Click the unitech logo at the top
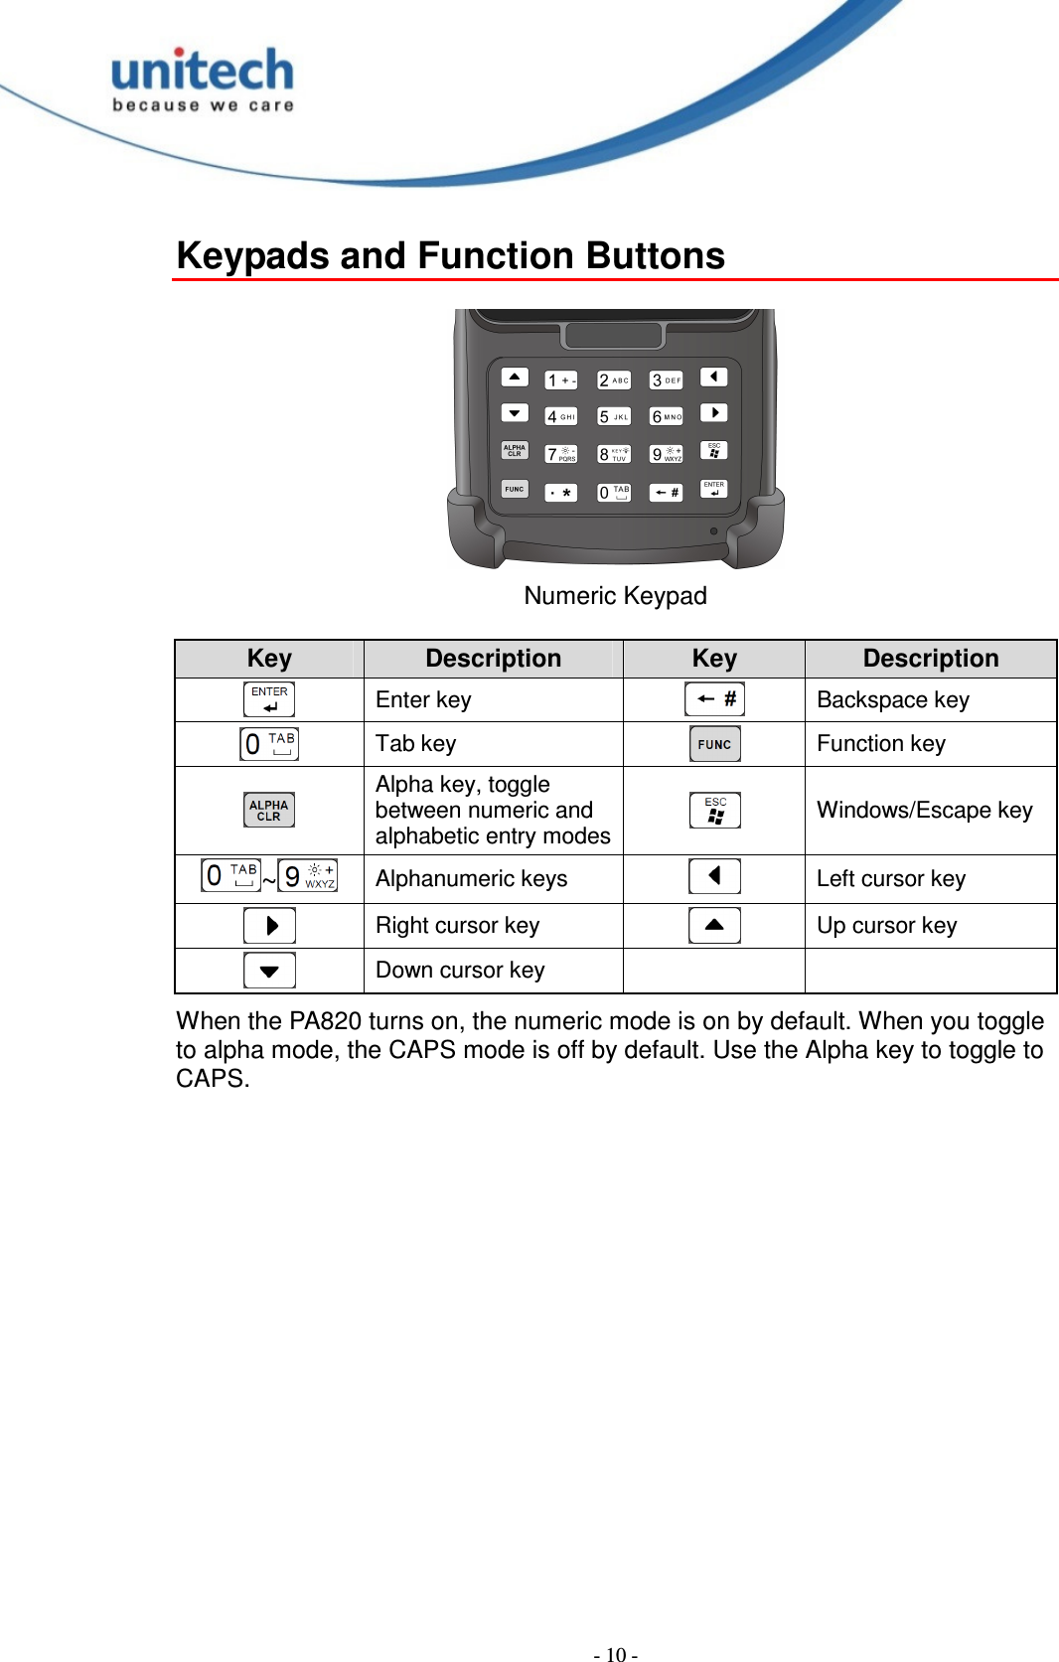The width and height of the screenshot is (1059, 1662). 203,79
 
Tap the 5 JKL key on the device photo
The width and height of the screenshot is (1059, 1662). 614,416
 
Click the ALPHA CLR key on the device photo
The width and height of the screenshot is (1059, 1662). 515,450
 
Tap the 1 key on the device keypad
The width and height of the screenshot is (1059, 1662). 561,380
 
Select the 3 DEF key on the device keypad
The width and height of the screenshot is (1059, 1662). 667,380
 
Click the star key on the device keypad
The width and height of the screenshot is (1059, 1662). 561,493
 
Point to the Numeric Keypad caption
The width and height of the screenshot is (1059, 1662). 615,596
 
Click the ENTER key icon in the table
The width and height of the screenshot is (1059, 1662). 269,699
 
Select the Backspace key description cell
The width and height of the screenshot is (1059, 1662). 892,700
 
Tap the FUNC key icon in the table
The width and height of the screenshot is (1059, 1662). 714,744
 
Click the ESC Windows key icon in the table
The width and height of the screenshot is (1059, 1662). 714,811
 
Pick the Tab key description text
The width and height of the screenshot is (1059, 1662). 415,744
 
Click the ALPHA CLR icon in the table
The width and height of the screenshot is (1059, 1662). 269,811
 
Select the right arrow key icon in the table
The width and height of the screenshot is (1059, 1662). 269,926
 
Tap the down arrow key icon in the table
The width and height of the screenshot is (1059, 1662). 269,971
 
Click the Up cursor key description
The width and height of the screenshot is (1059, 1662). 886,926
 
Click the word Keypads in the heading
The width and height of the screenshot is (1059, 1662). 252,256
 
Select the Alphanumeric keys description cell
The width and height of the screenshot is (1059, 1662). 471,879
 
